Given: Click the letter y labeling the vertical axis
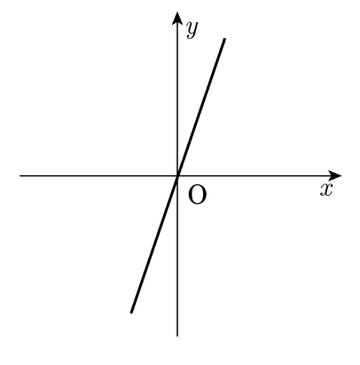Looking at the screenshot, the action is pos(192,30).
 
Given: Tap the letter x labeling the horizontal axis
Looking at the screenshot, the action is pos(326,190).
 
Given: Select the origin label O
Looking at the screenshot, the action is pos(197,195).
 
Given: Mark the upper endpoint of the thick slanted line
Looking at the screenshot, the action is pos(224,39).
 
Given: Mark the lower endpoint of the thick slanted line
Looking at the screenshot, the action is pos(131,312).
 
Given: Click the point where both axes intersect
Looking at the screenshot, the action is pos(177,175).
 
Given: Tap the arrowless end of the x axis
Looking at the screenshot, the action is pos(20,175).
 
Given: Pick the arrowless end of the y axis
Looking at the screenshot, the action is pos(177,336).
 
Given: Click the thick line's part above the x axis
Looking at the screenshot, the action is pos(201,107).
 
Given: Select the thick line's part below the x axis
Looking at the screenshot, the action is pos(154,244).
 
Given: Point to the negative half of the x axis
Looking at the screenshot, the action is pos(98,175).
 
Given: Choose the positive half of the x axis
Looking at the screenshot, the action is pos(260,175).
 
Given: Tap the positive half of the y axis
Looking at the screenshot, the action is pos(177,94).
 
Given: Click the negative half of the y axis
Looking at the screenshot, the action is pos(177,256).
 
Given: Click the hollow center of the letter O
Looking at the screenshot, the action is pos(197,195).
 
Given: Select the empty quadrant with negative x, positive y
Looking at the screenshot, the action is pos(98,97).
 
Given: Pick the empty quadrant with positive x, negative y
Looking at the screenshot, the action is pos(257,257).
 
